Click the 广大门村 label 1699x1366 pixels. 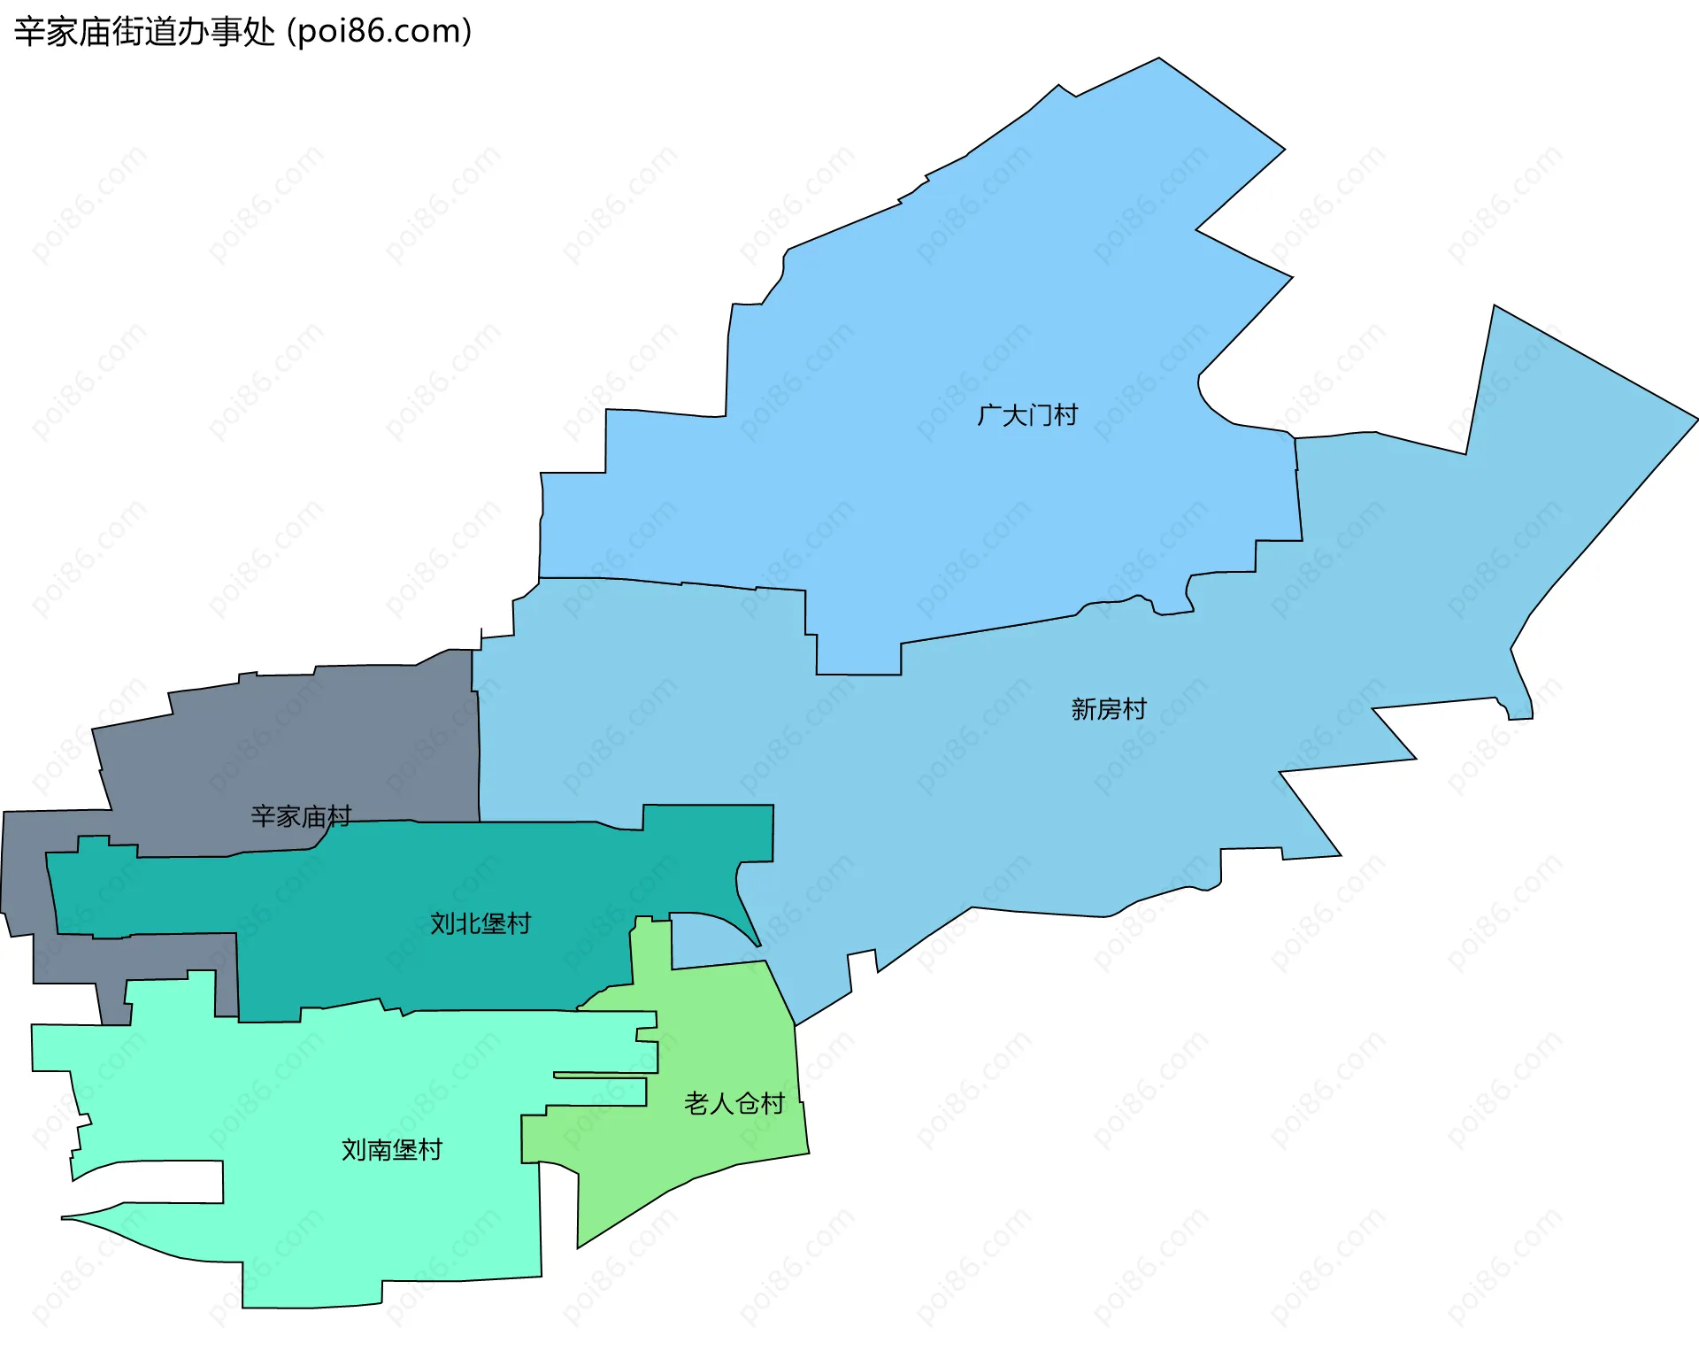(1027, 415)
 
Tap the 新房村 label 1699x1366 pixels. (1109, 709)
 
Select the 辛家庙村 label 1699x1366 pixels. (301, 816)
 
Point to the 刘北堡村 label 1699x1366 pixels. (480, 924)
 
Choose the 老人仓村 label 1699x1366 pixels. (734, 1104)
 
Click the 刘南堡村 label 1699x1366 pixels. (392, 1150)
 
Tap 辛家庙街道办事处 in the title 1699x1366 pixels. (145, 32)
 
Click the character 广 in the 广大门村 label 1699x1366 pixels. (989, 415)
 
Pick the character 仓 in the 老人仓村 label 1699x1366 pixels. (748, 1104)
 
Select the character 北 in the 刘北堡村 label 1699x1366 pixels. (468, 924)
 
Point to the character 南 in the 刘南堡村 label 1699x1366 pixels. (380, 1150)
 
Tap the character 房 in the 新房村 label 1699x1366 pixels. (1109, 709)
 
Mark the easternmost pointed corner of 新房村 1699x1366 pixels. (1696, 419)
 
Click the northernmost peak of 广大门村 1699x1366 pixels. (1158, 59)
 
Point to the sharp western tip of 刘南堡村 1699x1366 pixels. (63, 1218)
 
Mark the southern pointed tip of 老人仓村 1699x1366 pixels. (579, 1246)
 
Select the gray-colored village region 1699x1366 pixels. (292, 744)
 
